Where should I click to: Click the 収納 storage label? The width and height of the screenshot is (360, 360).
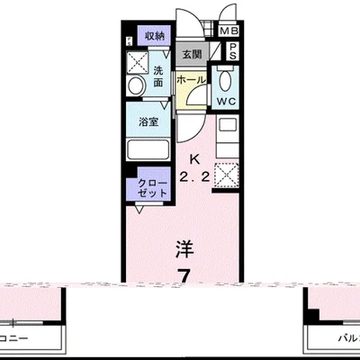[155, 36]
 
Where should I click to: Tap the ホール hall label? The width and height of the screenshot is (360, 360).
[190, 80]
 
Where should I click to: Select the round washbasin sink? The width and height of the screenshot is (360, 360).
[136, 86]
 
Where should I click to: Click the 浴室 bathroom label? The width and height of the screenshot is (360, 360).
[149, 122]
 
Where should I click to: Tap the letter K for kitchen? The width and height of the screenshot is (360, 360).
[193, 163]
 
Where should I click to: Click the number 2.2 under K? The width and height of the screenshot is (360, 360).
[193, 178]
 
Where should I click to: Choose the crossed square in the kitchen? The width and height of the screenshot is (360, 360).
[225, 172]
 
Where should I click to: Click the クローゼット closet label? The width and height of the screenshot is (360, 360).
[146, 190]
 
